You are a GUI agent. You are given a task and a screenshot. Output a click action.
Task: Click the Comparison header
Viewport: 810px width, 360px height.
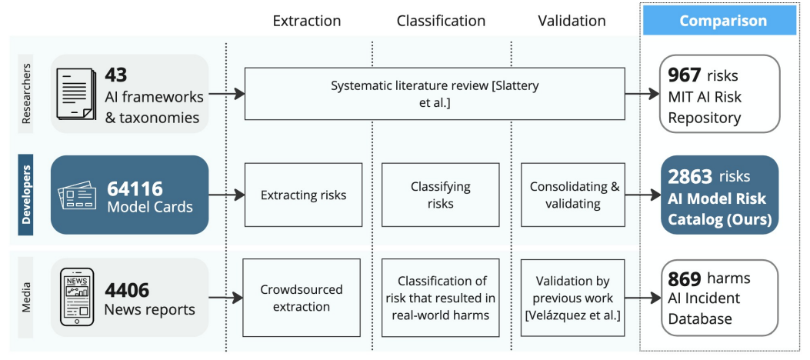click(723, 21)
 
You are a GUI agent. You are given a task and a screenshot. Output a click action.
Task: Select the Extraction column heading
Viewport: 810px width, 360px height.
click(307, 21)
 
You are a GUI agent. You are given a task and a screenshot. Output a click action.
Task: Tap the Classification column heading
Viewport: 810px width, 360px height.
click(442, 21)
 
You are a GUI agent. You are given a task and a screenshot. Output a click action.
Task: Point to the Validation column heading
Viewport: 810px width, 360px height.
click(572, 21)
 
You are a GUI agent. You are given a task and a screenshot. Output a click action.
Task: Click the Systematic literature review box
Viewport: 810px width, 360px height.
click(435, 94)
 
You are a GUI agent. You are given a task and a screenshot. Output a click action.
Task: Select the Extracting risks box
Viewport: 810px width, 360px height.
click(303, 195)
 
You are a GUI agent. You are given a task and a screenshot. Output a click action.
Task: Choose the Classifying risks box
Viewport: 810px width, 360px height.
click(441, 195)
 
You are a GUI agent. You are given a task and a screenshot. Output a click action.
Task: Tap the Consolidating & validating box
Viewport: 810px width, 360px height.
click(575, 195)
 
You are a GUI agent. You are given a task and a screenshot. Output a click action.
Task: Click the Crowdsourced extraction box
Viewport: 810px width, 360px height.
click(302, 298)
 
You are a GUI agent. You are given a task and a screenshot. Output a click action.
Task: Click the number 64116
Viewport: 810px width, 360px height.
click(135, 188)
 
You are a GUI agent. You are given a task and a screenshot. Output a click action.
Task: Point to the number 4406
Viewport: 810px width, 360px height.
click(127, 290)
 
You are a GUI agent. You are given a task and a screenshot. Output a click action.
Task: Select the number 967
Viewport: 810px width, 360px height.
click(684, 75)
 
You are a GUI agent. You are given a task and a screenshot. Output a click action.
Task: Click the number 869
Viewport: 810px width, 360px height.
click(685, 278)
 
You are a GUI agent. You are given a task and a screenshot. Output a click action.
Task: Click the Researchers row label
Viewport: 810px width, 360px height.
click(26, 94)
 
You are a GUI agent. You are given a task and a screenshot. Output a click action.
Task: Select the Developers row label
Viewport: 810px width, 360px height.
click(26, 195)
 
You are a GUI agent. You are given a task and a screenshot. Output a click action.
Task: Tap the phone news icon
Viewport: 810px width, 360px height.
click(77, 297)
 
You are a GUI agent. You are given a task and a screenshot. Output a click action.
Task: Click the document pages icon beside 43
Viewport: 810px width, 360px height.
click(76, 94)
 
